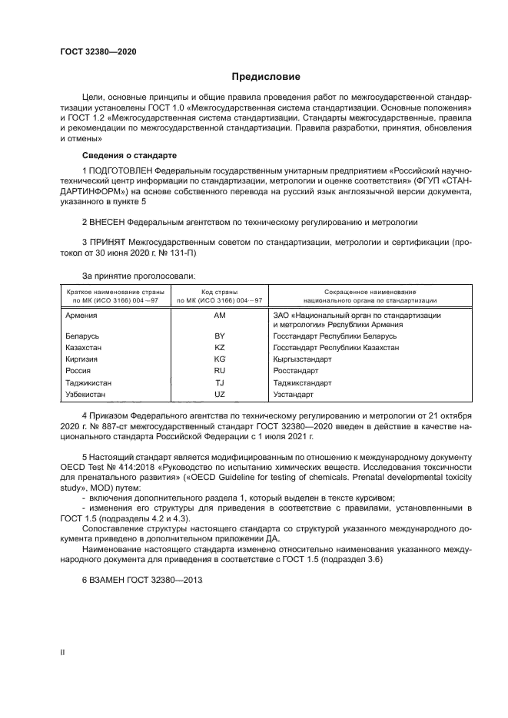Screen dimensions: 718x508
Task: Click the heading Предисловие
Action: tap(267, 77)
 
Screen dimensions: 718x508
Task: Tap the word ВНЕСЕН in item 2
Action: tap(107, 222)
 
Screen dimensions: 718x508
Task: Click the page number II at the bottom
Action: tap(63, 651)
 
